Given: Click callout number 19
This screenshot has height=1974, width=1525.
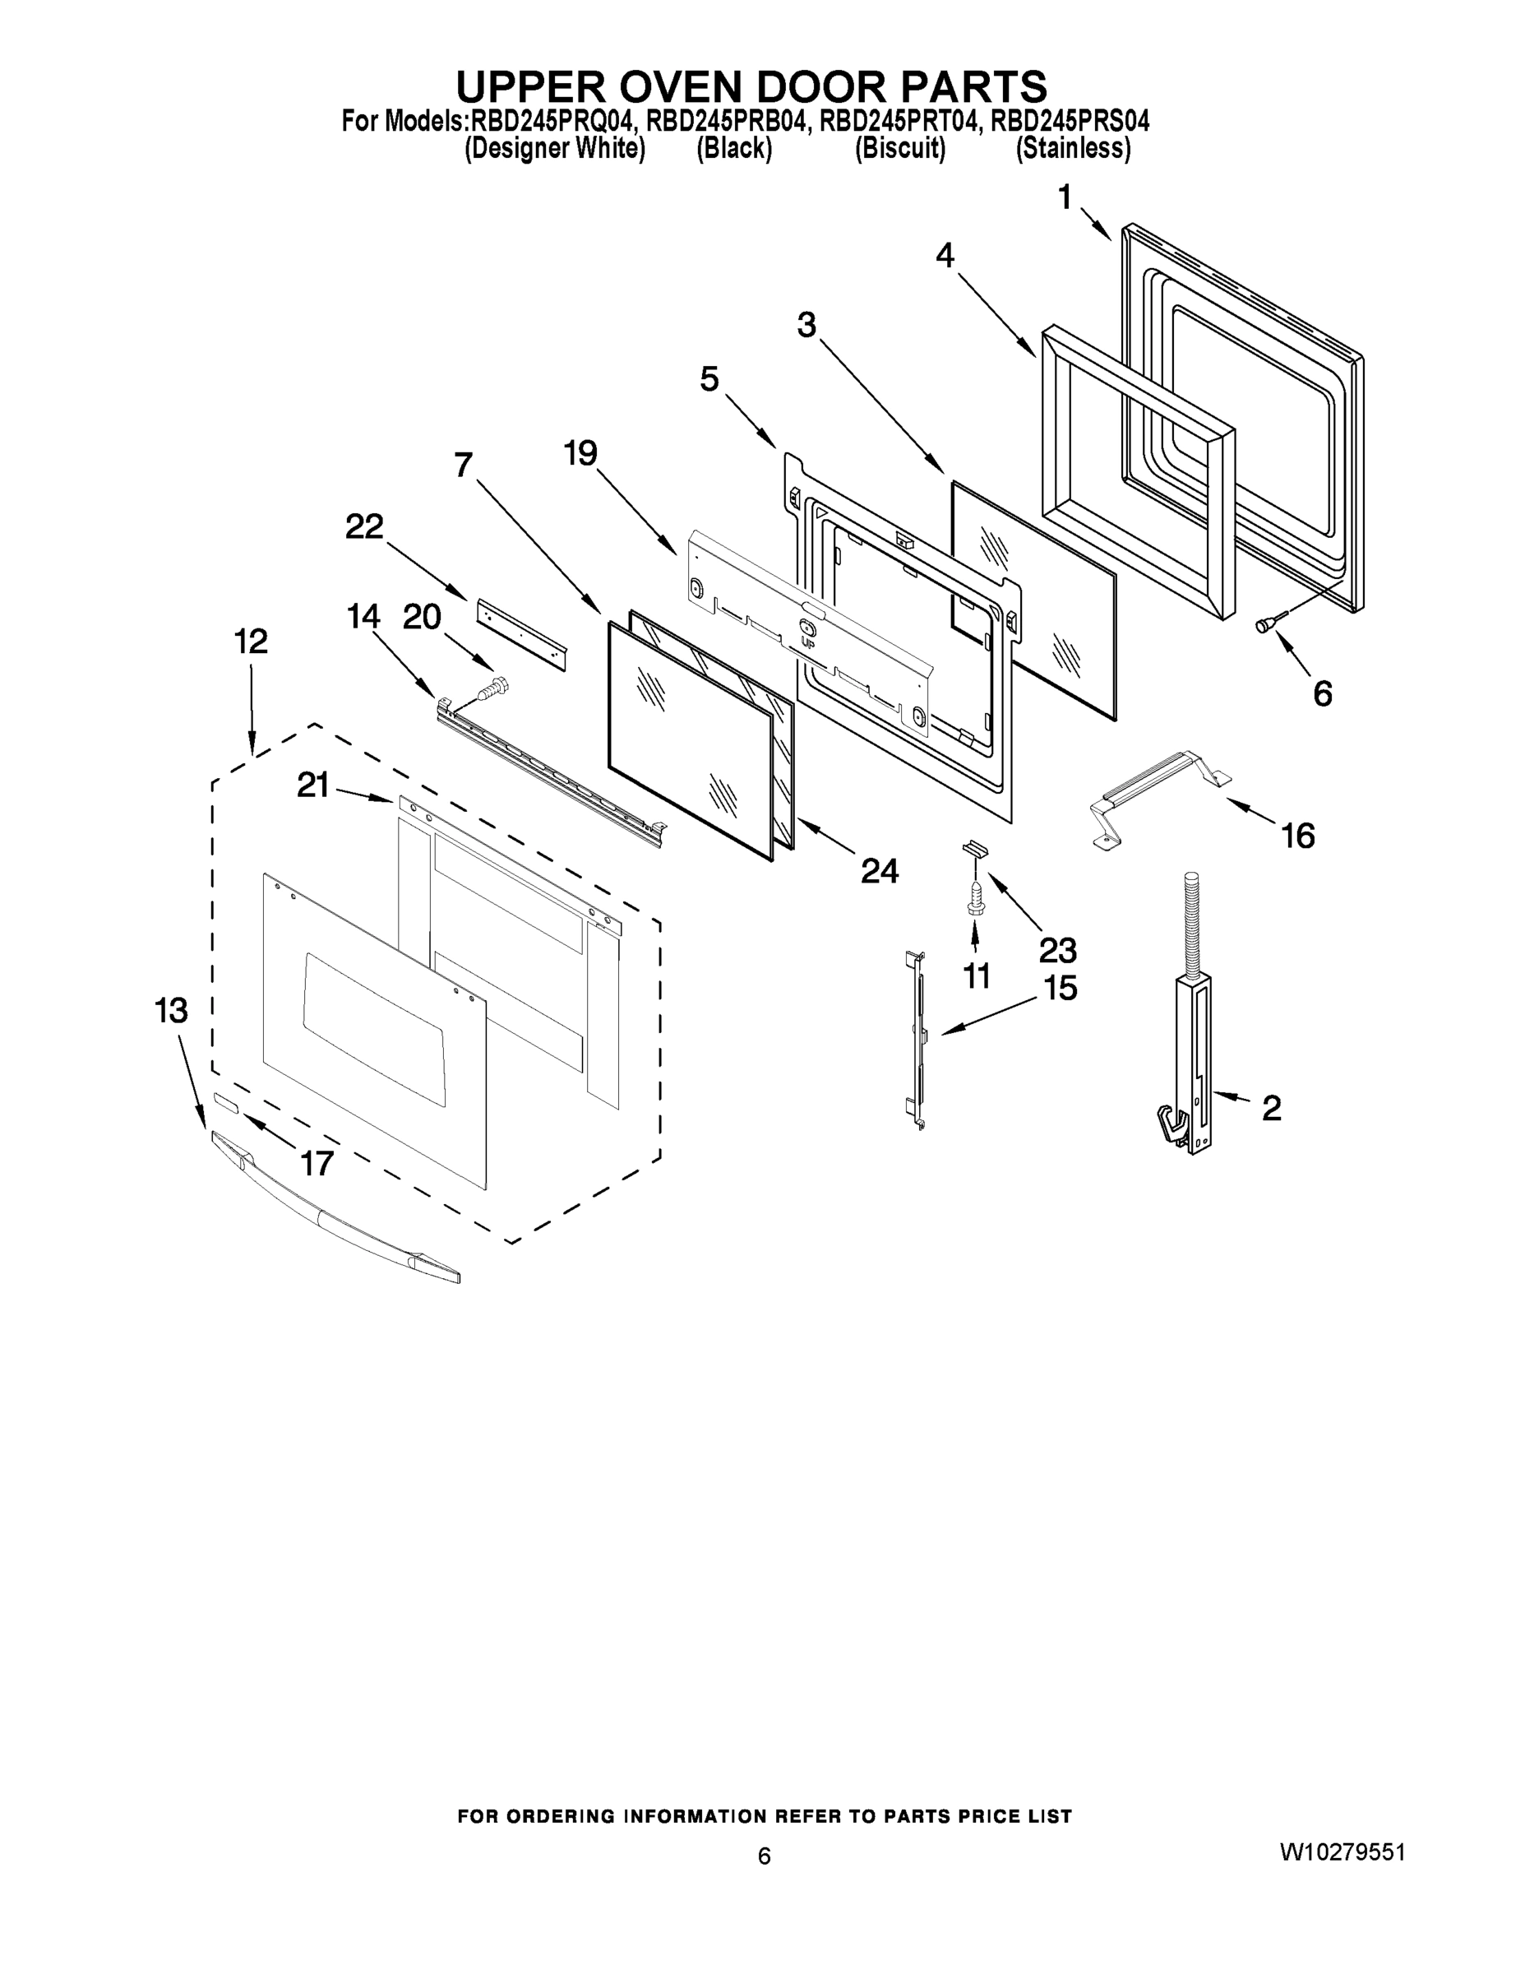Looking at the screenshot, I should point(581,453).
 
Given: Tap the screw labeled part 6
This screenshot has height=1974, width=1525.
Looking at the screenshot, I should point(1266,623).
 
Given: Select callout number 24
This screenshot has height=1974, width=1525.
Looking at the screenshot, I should point(879,870).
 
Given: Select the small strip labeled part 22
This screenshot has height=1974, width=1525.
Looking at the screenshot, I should point(521,633).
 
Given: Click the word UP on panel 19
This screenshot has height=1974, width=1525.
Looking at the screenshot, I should point(807,642).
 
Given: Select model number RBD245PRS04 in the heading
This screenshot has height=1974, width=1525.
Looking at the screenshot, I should point(1070,121).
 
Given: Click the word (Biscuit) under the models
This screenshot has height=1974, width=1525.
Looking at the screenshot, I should point(900,149).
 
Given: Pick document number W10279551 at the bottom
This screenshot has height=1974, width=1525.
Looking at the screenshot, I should point(1341,1853).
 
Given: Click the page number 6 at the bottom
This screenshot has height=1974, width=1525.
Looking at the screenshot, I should point(765,1856).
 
